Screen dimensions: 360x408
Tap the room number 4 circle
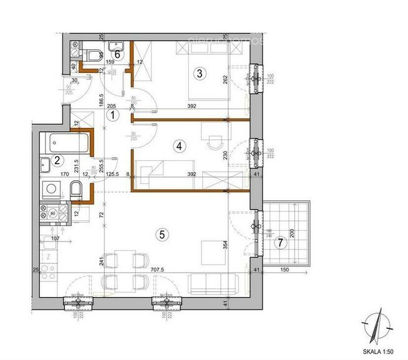(179, 147)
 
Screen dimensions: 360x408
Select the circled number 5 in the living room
(162, 235)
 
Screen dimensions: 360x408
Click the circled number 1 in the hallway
(112, 115)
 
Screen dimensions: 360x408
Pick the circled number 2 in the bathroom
(57, 160)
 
